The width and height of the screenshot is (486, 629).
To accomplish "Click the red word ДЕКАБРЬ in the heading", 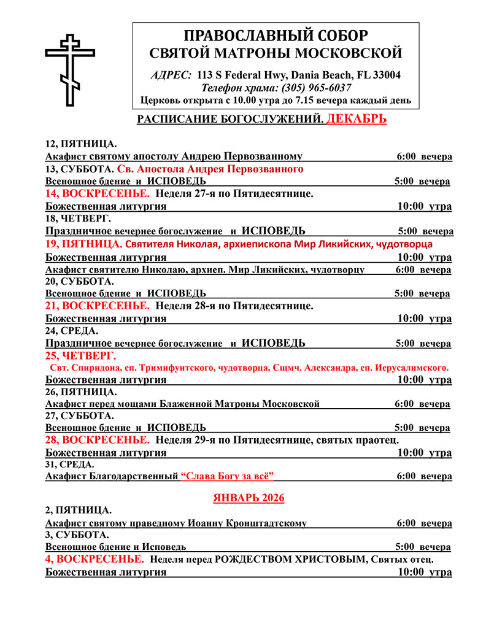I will point(356,118).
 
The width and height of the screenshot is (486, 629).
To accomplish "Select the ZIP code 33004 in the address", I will point(386,75).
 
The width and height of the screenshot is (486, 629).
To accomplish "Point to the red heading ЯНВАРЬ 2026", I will point(249,498).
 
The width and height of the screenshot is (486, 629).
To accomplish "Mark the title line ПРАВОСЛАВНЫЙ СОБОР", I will point(276,35).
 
